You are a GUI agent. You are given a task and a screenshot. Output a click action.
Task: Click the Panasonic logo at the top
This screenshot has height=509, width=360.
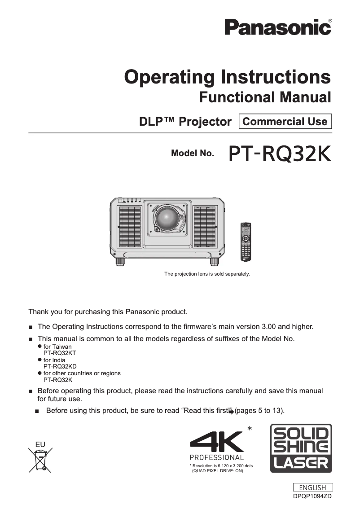pyautogui.click(x=278, y=27)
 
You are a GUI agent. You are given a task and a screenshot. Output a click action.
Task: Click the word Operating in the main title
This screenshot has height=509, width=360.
pyautogui.click(x=169, y=77)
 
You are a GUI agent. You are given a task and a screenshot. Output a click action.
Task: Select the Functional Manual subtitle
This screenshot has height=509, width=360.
pyautogui.click(x=265, y=97)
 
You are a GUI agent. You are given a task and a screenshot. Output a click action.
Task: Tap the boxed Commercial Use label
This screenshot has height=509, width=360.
pyautogui.click(x=285, y=121)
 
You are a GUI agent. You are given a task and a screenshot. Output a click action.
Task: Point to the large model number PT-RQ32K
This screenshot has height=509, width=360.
pyautogui.click(x=280, y=154)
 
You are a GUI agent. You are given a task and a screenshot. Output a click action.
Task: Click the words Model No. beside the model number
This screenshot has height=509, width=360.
pyautogui.click(x=193, y=153)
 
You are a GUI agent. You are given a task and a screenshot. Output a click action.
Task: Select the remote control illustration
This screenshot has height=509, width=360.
pyautogui.click(x=246, y=242)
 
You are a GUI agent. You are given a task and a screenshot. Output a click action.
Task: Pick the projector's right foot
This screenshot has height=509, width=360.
pyautogui.click(x=214, y=261)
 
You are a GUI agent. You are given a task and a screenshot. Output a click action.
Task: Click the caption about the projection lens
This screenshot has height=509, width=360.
pyautogui.click(x=207, y=274)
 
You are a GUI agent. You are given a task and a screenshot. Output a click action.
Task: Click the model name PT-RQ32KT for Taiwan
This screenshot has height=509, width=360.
pyautogui.click(x=60, y=353)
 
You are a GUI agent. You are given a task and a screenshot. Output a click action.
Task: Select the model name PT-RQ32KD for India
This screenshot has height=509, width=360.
pyautogui.click(x=60, y=367)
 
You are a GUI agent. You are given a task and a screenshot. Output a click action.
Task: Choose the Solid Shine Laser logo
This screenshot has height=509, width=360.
pyautogui.click(x=301, y=448)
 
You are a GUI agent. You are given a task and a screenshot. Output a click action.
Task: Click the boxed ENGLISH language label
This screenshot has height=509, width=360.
pyautogui.click(x=313, y=487)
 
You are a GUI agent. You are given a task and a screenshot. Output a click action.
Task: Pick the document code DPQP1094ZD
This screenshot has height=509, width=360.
pyautogui.click(x=312, y=496)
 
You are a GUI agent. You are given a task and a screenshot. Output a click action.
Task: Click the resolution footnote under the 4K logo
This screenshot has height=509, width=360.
pyautogui.click(x=221, y=468)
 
